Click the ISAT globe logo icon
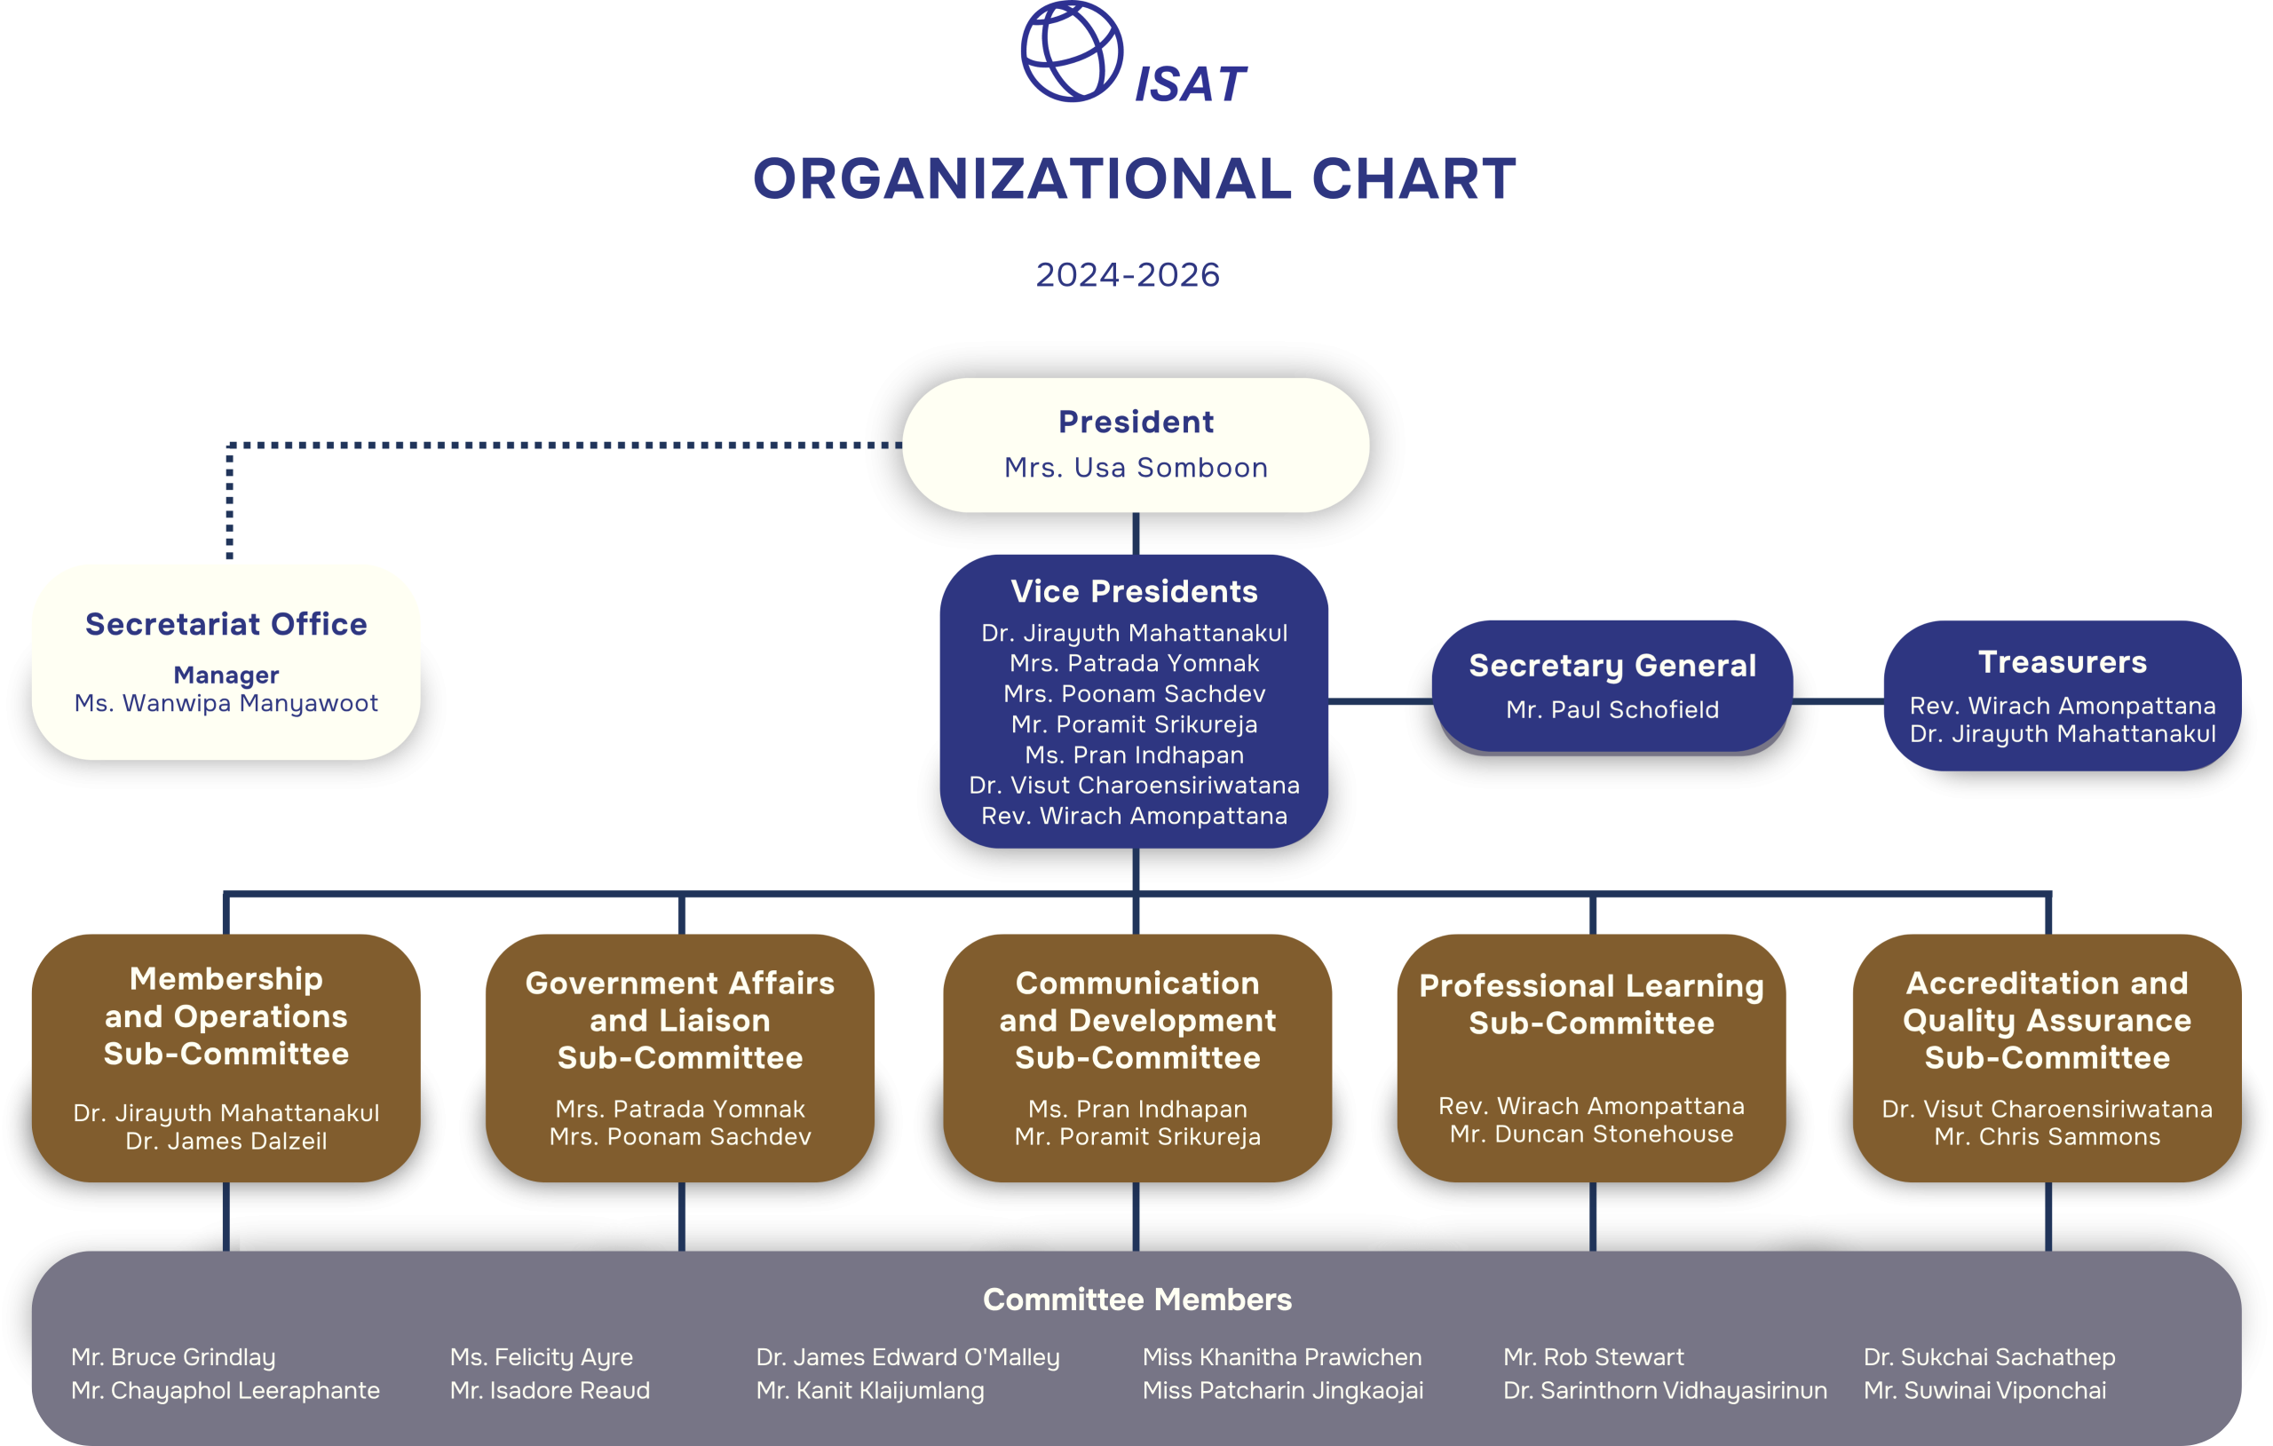tap(1072, 51)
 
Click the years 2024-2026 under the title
tap(1127, 274)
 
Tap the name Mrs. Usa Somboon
tap(1136, 467)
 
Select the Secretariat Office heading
tap(226, 624)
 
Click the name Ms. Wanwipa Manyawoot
tap(226, 703)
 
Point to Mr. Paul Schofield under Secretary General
tap(1612, 710)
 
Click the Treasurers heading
tap(2063, 661)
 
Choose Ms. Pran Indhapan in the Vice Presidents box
tap(1134, 755)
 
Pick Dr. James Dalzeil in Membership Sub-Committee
tap(226, 1142)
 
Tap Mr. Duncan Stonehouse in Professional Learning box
tap(1591, 1134)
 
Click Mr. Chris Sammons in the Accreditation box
tap(2047, 1136)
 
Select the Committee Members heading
tap(1136, 1300)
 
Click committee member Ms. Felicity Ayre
tap(541, 1357)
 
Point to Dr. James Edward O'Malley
tap(907, 1357)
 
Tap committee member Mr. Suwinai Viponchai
tap(1984, 1390)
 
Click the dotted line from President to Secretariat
tap(566, 445)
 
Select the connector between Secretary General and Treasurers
tap(1838, 701)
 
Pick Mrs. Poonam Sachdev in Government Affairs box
tap(679, 1136)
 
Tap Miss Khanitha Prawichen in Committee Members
tap(1281, 1357)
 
